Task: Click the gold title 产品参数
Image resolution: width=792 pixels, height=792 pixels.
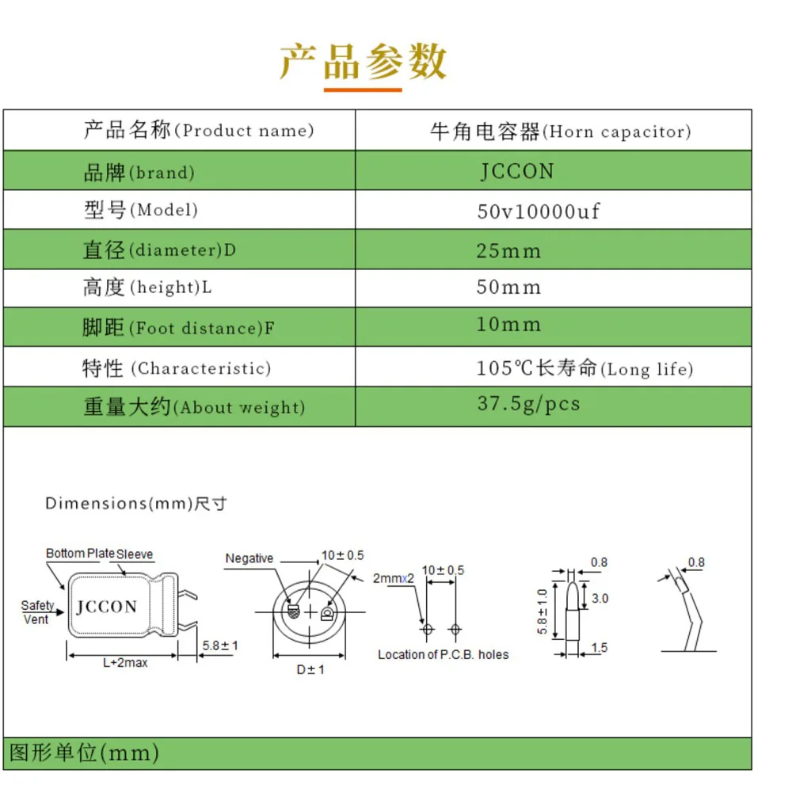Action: (363, 63)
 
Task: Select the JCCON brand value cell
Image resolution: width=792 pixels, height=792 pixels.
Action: (517, 172)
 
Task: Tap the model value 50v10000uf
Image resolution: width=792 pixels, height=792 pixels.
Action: (538, 211)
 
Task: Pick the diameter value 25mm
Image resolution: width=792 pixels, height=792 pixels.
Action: (508, 251)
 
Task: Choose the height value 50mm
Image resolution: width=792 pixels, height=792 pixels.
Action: (508, 287)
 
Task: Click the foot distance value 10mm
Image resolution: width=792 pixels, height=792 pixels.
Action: (508, 325)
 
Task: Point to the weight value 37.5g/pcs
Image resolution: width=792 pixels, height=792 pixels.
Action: (528, 404)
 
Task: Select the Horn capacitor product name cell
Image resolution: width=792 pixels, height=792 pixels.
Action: (560, 131)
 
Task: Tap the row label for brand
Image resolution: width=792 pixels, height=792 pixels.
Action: (139, 173)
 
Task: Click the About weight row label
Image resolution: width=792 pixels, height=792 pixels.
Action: (194, 408)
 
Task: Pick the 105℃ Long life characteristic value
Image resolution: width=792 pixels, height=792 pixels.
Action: (584, 368)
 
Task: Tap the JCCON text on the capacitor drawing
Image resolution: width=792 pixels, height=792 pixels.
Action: (107, 607)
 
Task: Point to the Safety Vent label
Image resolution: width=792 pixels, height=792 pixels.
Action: (37, 612)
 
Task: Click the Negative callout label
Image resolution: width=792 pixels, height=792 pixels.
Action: (249, 558)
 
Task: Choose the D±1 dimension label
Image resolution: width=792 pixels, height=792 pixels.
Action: (310, 670)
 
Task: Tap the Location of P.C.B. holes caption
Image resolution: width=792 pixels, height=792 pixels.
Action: (443, 654)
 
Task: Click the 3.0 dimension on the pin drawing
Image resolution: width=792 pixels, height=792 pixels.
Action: (600, 599)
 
